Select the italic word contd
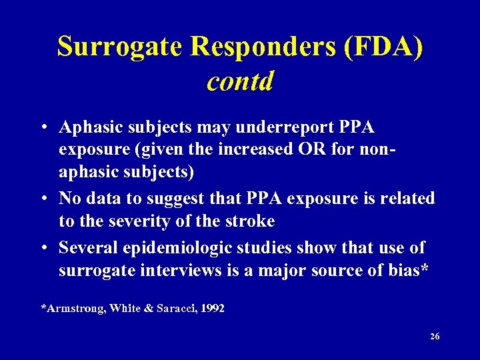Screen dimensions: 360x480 240,81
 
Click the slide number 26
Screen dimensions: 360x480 435,337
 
